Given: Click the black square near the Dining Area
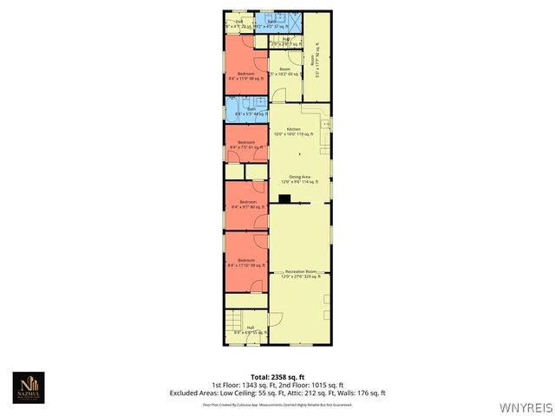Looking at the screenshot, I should (x=284, y=198).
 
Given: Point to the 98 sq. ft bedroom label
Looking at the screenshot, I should (x=246, y=76).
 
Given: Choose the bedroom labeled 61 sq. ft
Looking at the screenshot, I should (x=246, y=145).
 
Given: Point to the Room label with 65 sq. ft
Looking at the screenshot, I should (x=284, y=71).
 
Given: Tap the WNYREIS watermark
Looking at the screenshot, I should (x=526, y=405).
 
